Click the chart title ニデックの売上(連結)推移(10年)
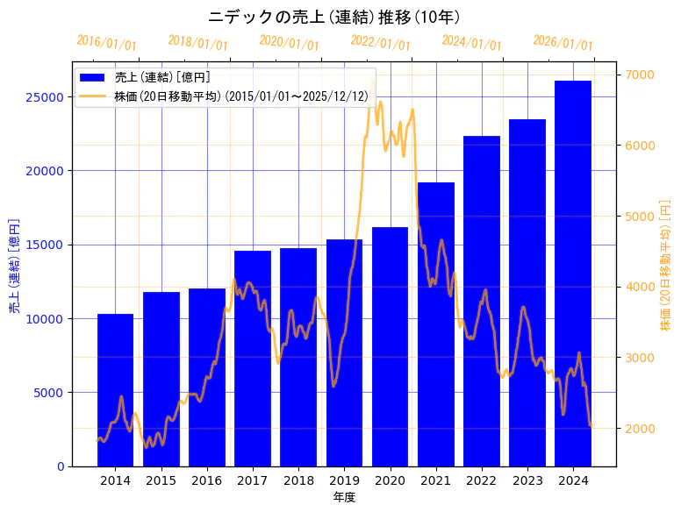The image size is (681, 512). coord(334,17)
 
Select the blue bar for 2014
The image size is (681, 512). coord(115,389)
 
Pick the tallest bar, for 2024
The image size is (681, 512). coord(572,273)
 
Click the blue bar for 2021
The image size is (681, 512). coord(435,324)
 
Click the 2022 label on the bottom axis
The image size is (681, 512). coord(481,480)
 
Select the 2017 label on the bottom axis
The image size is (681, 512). coord(253,480)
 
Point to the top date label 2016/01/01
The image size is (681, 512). coord(107,42)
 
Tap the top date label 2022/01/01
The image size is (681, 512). coord(380,42)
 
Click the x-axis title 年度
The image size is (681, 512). coord(344,497)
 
